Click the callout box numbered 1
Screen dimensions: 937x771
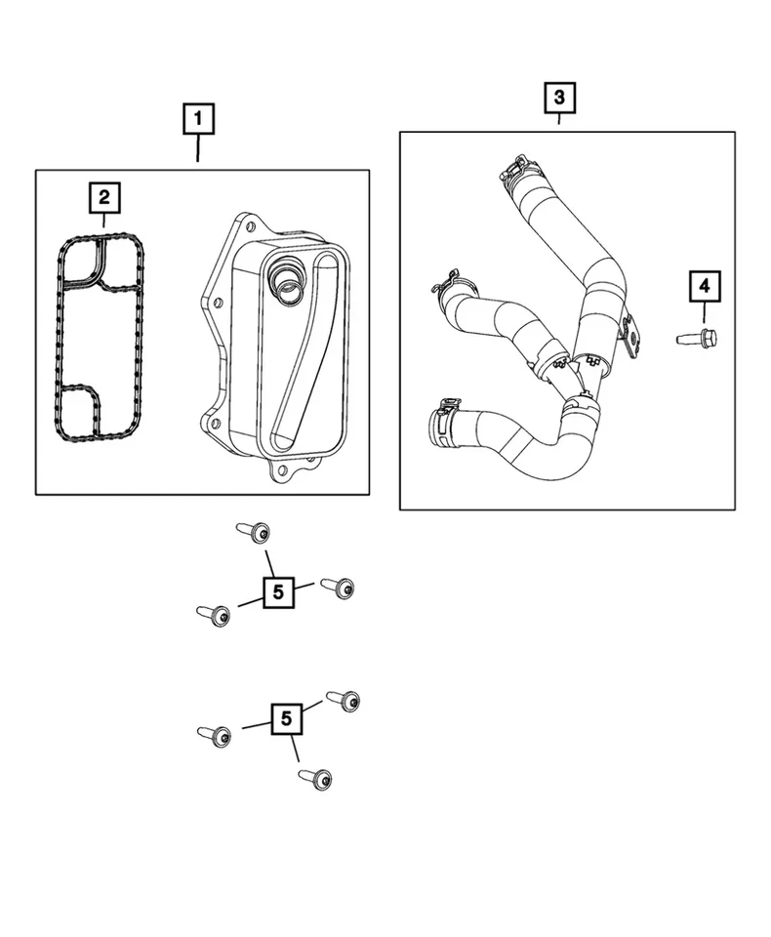coord(198,120)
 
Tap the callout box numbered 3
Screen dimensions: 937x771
coord(558,98)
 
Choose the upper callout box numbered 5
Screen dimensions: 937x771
coord(278,591)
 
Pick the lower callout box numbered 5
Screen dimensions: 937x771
coord(286,719)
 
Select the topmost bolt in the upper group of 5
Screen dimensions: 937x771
coord(254,532)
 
